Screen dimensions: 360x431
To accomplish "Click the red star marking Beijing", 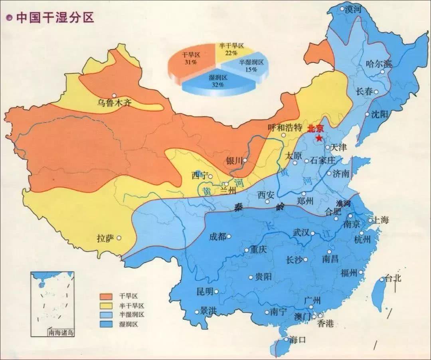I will (319, 138).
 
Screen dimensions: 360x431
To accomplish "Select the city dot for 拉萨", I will (119, 238).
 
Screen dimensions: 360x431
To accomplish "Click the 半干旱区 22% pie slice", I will (231, 49).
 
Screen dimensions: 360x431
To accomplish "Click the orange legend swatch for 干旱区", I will (107, 297).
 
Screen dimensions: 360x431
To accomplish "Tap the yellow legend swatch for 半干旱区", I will (107, 306).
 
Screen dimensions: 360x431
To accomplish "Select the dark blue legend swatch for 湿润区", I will (107, 324).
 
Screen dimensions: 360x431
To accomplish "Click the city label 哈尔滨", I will (379, 63).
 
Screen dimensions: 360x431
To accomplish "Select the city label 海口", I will (297, 340).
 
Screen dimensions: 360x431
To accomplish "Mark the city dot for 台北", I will (382, 280).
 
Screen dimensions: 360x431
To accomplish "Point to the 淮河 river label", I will (344, 204).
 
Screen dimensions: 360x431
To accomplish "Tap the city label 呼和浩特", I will (285, 127).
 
